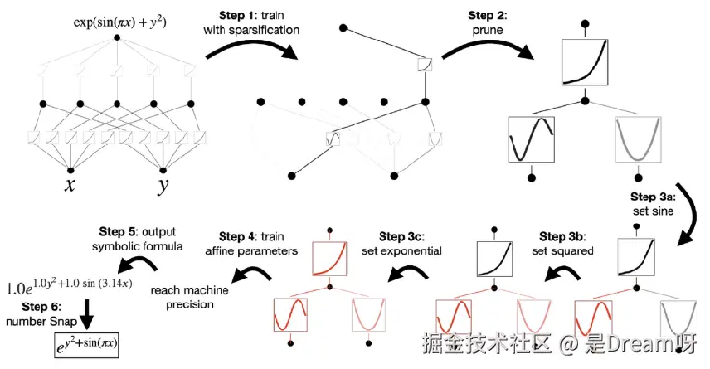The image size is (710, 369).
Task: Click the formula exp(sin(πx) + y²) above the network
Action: (120, 22)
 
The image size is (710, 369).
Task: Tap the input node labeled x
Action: (70, 171)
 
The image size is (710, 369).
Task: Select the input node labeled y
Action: (163, 171)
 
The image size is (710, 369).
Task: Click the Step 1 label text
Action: (251, 22)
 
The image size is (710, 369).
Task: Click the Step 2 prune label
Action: (487, 22)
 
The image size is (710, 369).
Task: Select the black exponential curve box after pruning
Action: (585, 62)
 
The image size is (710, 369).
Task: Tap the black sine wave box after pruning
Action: (531, 139)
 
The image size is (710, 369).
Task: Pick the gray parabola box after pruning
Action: (638, 139)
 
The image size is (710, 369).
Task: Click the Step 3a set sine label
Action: (653, 203)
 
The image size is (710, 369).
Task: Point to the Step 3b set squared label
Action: (563, 244)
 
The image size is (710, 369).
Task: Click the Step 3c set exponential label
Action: (402, 244)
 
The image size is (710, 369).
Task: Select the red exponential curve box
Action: (329, 258)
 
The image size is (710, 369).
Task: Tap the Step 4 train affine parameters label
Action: (251, 244)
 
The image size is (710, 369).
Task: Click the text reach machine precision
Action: (190, 297)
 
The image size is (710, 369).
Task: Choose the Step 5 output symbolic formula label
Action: (138, 239)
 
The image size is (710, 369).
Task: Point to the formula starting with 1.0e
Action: (69, 286)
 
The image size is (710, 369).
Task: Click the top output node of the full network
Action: (118, 38)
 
